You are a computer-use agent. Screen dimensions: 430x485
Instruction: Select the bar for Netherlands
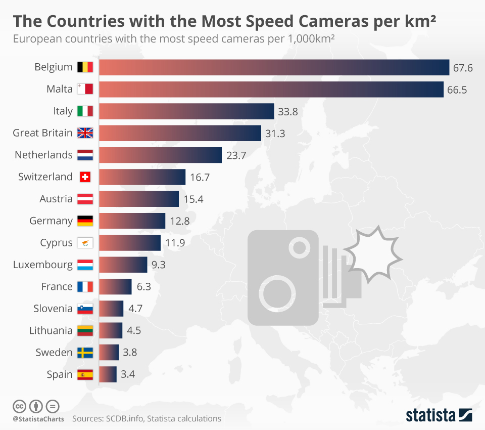click(x=160, y=155)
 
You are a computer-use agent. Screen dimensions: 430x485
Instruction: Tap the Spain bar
click(x=108, y=374)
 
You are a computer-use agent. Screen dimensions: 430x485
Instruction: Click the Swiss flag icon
click(x=85, y=177)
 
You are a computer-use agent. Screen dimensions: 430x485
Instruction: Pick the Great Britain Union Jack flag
click(x=85, y=133)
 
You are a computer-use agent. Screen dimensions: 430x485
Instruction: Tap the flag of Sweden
click(x=85, y=353)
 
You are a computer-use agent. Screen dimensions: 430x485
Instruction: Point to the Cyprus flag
click(x=85, y=243)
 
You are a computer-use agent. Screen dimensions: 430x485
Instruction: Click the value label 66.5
click(x=457, y=90)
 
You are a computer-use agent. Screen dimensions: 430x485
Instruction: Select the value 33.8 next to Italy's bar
click(x=287, y=111)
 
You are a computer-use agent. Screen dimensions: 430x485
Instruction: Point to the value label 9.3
click(x=159, y=265)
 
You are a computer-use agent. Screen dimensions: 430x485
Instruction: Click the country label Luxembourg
click(x=43, y=265)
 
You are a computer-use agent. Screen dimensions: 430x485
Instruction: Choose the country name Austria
click(x=56, y=199)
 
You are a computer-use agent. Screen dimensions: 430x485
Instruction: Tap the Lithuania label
click(x=51, y=330)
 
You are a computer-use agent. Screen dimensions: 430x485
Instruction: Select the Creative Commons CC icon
click(x=19, y=406)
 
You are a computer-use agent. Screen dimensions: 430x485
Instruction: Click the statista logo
click(x=439, y=415)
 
